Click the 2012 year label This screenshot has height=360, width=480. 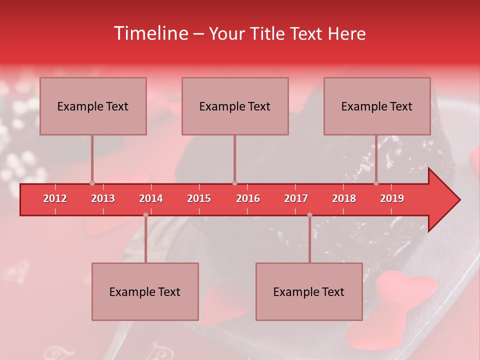(x=55, y=198)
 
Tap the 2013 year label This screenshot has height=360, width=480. (x=103, y=198)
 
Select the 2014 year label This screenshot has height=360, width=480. (x=151, y=198)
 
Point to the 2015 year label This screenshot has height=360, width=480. (x=199, y=198)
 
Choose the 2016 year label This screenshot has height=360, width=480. (x=248, y=198)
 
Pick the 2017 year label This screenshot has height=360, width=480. (x=296, y=198)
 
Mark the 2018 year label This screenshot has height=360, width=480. (x=344, y=198)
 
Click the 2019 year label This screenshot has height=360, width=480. (x=392, y=198)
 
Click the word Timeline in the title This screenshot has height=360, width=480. (x=150, y=33)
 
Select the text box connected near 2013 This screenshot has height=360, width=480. (x=93, y=106)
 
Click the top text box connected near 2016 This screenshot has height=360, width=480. (x=235, y=106)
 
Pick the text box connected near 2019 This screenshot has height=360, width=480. (x=377, y=106)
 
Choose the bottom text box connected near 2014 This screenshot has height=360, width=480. (x=145, y=291)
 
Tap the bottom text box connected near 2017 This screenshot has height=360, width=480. (x=309, y=291)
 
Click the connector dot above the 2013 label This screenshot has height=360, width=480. (x=92, y=183)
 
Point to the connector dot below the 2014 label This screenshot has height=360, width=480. (x=145, y=215)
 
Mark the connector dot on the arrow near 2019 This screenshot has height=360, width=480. (x=376, y=183)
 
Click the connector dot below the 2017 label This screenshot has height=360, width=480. (x=309, y=215)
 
